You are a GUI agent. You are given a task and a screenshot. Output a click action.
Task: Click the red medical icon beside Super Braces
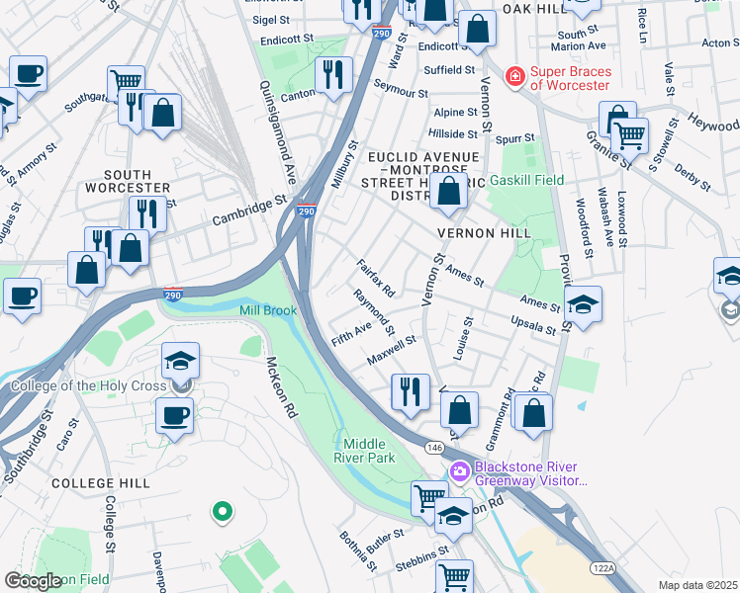point(514,76)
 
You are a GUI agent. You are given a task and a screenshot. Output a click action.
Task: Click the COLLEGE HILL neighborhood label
point(100,482)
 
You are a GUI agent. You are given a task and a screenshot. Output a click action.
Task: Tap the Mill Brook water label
point(268,310)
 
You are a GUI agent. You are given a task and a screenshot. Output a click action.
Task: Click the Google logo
point(32,581)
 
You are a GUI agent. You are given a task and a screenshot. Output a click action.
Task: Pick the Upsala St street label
point(533,323)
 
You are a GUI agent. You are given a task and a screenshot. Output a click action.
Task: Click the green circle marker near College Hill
point(223,511)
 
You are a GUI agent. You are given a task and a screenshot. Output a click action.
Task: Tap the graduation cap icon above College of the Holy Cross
point(180,360)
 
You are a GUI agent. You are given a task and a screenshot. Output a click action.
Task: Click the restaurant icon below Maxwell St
point(410,390)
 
